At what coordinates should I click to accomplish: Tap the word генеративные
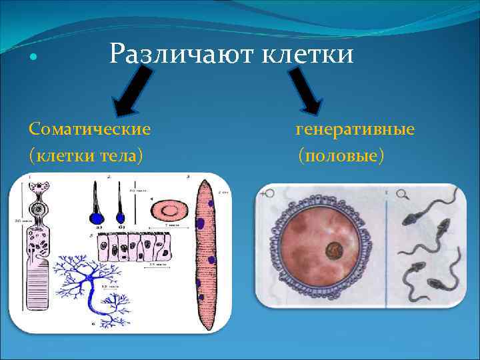(x=355, y=127)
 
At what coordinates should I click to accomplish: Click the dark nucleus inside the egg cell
(x=333, y=252)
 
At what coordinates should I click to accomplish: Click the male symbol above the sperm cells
(x=403, y=194)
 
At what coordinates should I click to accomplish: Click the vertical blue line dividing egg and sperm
(x=386, y=247)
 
